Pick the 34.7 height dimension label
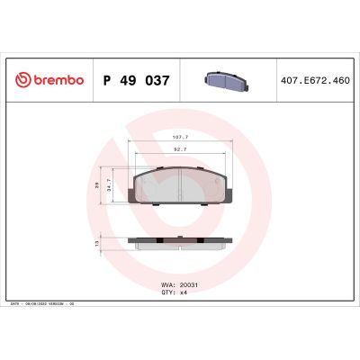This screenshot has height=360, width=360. pos(110,187)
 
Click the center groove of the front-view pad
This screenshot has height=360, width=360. pos(180,185)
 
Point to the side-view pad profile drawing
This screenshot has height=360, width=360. pos(180,242)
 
